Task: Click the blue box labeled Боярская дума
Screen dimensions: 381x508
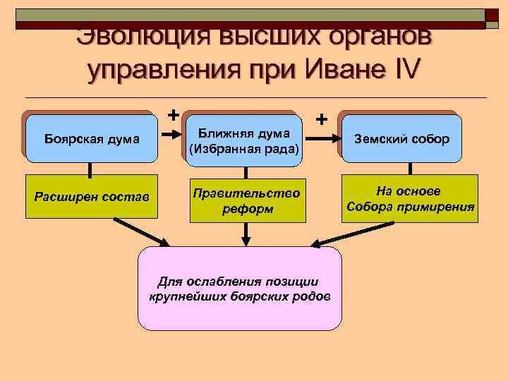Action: [91, 138]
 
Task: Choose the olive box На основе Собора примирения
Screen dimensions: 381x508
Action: [411, 200]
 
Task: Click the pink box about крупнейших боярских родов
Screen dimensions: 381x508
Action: [239, 289]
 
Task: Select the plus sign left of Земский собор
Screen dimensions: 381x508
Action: [322, 119]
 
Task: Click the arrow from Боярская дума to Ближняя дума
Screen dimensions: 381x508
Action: [173, 138]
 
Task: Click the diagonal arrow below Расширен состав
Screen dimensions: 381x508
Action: [142, 231]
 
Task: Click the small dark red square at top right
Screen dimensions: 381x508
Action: [493, 18]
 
